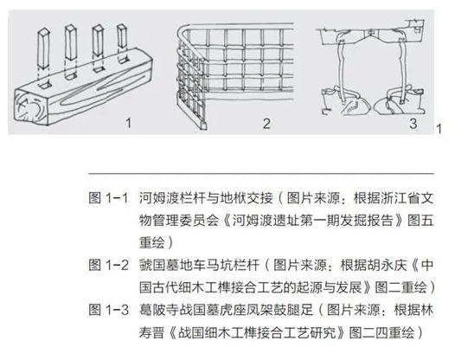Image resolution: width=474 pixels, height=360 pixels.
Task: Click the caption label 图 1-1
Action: click(x=107, y=197)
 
